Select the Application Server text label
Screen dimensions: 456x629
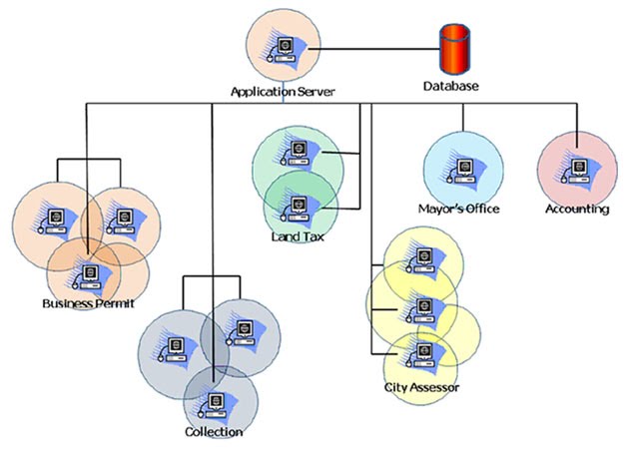283,91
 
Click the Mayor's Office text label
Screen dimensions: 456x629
458,209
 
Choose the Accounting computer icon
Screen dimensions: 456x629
576,169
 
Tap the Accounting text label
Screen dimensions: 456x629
577,209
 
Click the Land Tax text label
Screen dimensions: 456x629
296,236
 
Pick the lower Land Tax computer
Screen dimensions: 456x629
297,206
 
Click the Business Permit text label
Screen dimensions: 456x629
88,302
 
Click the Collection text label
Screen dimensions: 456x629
214,432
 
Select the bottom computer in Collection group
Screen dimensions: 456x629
213,403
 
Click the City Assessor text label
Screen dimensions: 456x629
421,386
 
